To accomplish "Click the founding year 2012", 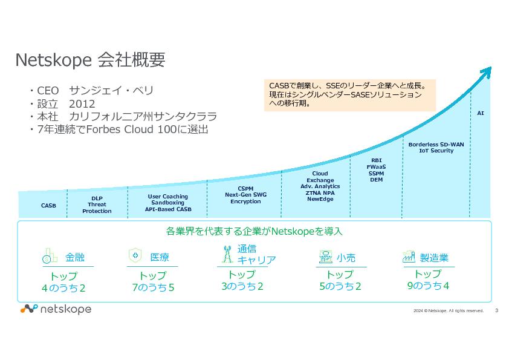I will click(82, 103).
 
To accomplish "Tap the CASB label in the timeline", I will click(48, 206).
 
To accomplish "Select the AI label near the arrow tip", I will click(481, 113).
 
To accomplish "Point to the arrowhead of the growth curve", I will click(487, 71).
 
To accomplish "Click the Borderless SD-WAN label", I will click(436, 145).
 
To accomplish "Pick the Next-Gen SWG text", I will click(245, 195).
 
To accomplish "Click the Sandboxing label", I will click(167, 203).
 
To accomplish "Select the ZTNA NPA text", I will click(320, 193).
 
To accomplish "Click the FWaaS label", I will click(376, 166).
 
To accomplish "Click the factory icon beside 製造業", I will click(409, 257).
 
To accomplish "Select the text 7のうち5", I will click(153, 287).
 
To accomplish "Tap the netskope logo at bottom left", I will click(56, 309).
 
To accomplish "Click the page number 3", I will click(496, 311).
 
